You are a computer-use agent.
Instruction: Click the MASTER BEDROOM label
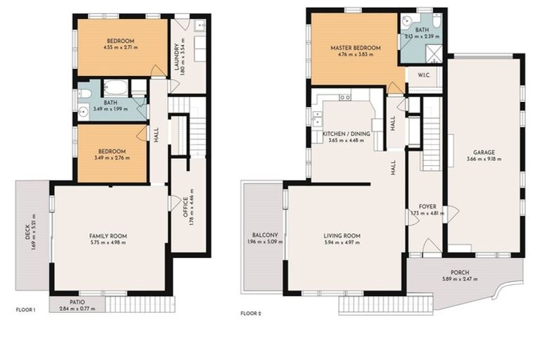pyautogui.click(x=355, y=49)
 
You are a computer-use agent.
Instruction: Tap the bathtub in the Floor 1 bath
pyautogui.click(x=115, y=89)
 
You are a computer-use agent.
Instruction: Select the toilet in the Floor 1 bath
pyautogui.click(x=84, y=93)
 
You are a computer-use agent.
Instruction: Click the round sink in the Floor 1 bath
pyautogui.click(x=84, y=110)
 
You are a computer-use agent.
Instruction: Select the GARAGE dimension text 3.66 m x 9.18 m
pyautogui.click(x=484, y=160)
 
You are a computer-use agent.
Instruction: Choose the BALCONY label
pyautogui.click(x=265, y=235)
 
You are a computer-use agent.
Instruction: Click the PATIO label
pyautogui.click(x=78, y=301)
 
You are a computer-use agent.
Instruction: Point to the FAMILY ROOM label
pyautogui.click(x=108, y=236)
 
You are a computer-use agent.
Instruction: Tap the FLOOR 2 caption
pyautogui.click(x=251, y=314)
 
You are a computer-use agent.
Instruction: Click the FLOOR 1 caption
pyautogui.click(x=25, y=309)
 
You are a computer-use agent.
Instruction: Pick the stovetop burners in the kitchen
pyautogui.click(x=345, y=98)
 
